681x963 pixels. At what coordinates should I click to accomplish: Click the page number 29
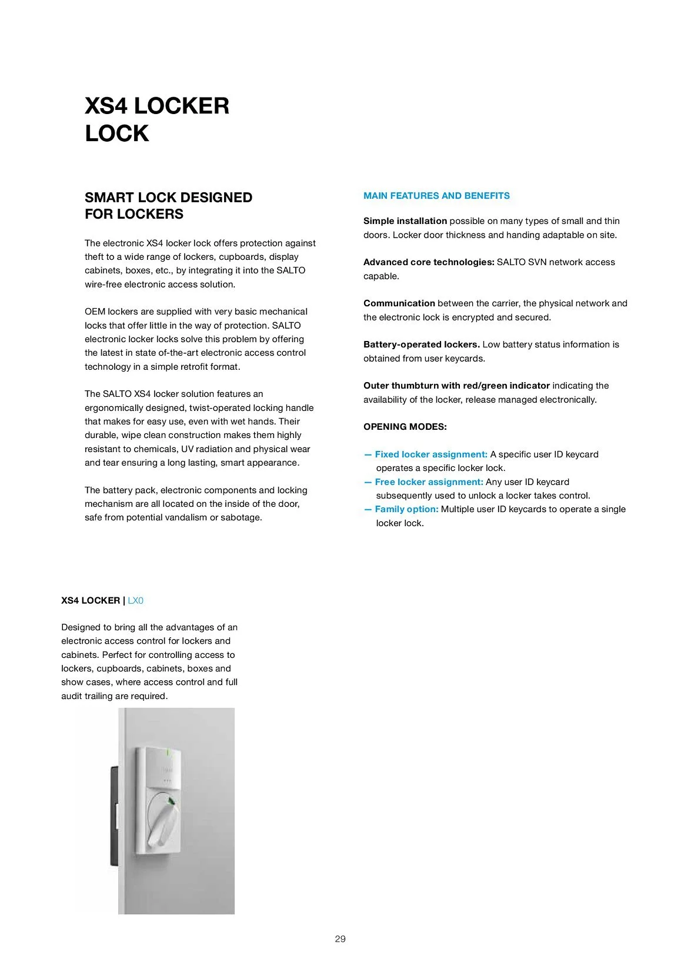click(340, 939)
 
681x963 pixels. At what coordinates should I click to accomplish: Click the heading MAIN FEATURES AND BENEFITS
click(436, 196)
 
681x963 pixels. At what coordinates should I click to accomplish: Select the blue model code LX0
click(135, 600)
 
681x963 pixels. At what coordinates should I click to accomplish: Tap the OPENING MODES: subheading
click(405, 427)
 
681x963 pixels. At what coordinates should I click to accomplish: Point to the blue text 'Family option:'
click(406, 509)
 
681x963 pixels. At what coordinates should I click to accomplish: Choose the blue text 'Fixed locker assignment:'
click(431, 454)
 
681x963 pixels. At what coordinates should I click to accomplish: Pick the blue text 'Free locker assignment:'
click(429, 482)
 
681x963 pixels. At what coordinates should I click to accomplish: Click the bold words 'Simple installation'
click(405, 221)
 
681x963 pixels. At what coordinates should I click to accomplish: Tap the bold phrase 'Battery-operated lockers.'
click(421, 345)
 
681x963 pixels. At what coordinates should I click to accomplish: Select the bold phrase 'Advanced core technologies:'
click(429, 262)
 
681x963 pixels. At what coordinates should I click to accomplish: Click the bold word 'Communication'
click(399, 303)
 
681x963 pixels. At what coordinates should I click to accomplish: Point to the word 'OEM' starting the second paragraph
click(95, 312)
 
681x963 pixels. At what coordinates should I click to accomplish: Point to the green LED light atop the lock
click(168, 752)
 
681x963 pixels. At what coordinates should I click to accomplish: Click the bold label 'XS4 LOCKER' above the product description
click(91, 600)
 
